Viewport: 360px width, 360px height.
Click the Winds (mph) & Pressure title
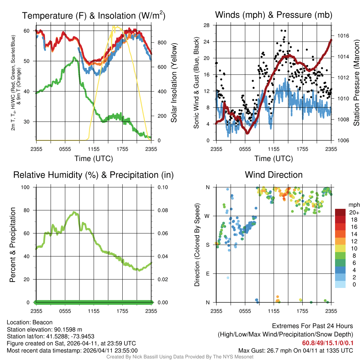274,15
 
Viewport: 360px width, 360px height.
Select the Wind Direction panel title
274,175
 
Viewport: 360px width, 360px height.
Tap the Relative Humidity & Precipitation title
94,175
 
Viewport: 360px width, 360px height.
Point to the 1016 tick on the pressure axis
342,36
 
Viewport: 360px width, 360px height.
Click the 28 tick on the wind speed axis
207,25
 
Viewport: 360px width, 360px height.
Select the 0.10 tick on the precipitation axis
162,187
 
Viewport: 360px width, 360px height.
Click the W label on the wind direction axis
208,216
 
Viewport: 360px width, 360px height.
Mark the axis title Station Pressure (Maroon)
356,83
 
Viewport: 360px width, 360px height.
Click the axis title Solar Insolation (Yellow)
174,83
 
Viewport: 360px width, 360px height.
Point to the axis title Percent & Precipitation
13,245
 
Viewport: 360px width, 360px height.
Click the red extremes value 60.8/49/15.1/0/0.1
328,343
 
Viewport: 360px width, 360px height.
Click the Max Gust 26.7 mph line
295,351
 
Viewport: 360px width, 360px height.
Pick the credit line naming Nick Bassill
180,357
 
